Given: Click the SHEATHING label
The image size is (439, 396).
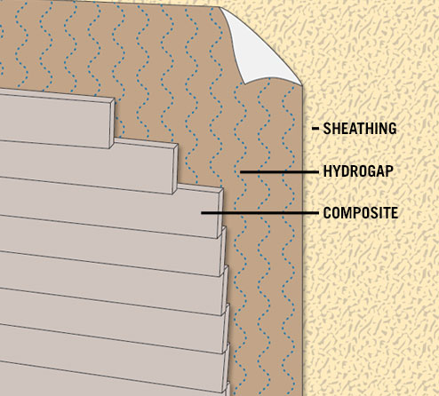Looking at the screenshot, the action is (x=360, y=129).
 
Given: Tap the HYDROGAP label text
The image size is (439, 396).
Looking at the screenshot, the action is (x=358, y=171).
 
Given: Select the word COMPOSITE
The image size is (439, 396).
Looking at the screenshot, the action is (x=361, y=213).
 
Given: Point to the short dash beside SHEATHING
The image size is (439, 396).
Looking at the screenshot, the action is (x=315, y=129).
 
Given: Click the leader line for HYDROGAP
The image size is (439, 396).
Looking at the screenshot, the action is (x=279, y=171).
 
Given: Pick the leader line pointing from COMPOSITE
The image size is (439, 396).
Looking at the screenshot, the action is (x=259, y=213).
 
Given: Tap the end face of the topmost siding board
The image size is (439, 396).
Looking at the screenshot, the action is (x=112, y=123).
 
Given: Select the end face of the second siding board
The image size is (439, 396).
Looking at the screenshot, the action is (x=175, y=169).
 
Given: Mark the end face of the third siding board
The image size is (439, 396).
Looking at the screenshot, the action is (x=220, y=212).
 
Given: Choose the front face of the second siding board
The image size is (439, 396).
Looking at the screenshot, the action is (x=86, y=167).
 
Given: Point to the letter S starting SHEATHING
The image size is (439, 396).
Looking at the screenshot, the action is (x=327, y=129).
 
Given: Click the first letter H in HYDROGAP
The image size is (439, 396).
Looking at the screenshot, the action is (x=327, y=171).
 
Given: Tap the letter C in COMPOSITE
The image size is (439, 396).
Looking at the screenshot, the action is (x=327, y=213).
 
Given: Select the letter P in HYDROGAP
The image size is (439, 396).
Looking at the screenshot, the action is (x=389, y=171).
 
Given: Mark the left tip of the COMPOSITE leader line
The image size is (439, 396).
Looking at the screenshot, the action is (x=202, y=213).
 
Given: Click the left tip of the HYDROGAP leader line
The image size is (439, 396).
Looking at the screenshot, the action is (x=240, y=171).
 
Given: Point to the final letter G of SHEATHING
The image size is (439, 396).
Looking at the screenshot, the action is (x=392, y=129).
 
